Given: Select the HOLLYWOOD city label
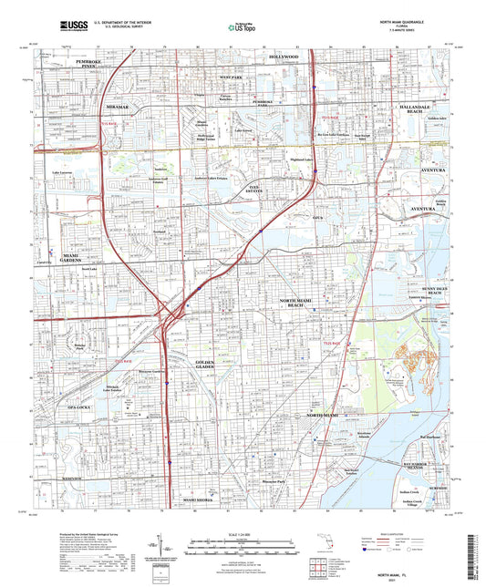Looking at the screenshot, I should [284, 57].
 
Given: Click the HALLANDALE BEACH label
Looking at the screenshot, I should [420, 108].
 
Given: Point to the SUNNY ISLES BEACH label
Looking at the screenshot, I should [433, 290].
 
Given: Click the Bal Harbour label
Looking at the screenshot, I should [429, 437].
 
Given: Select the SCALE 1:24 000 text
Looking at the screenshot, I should [243, 532].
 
